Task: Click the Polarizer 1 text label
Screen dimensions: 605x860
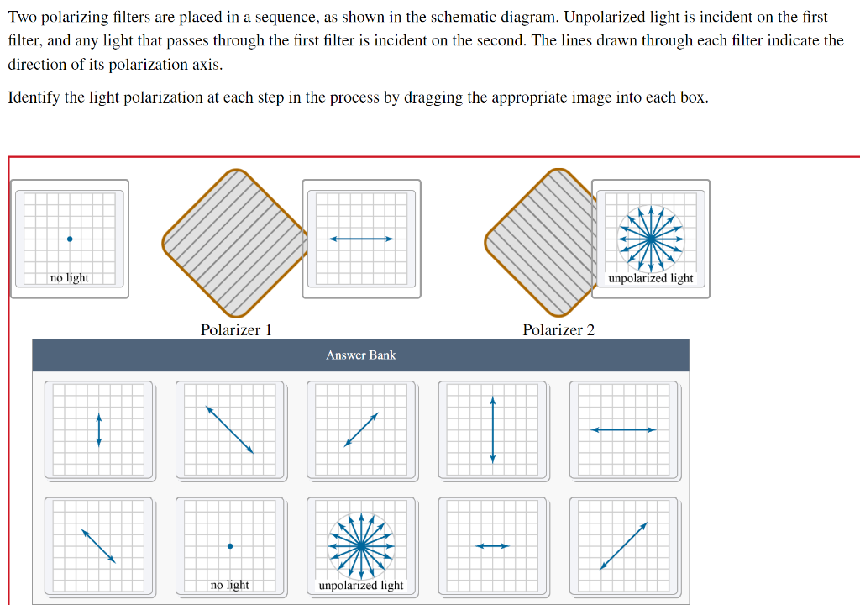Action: (236, 330)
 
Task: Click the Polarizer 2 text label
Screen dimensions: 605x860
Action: (558, 330)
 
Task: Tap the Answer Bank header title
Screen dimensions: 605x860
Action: (360, 355)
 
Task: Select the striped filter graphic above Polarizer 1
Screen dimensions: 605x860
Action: (235, 242)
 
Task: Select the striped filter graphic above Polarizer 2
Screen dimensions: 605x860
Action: (542, 242)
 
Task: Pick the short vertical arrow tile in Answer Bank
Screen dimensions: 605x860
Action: (99, 430)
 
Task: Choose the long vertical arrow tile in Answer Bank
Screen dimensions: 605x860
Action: (492, 430)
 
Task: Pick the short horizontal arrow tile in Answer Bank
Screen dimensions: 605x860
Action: (492, 546)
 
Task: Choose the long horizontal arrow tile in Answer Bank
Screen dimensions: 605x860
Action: (623, 430)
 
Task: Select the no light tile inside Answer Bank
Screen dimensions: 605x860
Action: (230, 546)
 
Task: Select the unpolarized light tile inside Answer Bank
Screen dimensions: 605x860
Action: (361, 546)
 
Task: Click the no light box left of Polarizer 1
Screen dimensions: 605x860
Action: (70, 239)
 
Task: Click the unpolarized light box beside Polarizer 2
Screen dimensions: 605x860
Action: (651, 239)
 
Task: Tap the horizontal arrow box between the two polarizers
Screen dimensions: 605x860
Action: (361, 239)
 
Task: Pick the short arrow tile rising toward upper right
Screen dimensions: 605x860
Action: (361, 430)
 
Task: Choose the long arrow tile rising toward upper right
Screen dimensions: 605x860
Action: (623, 546)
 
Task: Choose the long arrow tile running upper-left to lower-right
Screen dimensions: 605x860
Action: (230, 430)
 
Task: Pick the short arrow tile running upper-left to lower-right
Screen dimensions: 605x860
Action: (99, 546)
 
